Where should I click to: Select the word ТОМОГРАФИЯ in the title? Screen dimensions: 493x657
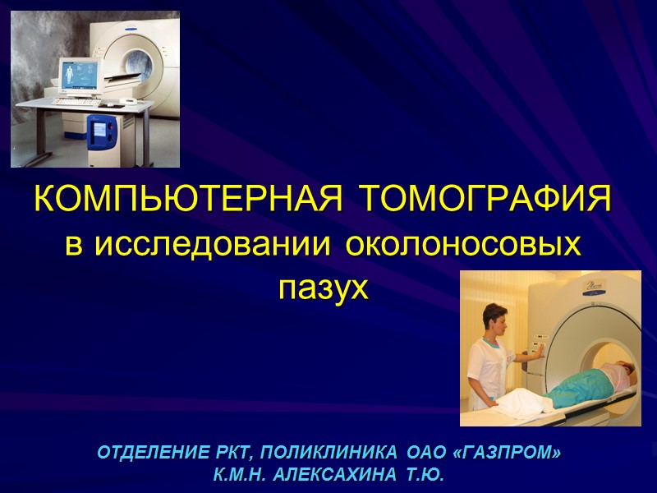click(487, 200)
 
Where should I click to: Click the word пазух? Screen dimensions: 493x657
click(320, 288)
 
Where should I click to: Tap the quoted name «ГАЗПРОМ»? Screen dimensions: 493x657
click(509, 453)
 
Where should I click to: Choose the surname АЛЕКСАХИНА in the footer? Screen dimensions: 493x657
click(339, 476)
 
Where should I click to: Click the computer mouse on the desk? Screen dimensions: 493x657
click(117, 102)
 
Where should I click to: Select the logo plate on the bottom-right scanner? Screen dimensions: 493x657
click(593, 287)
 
